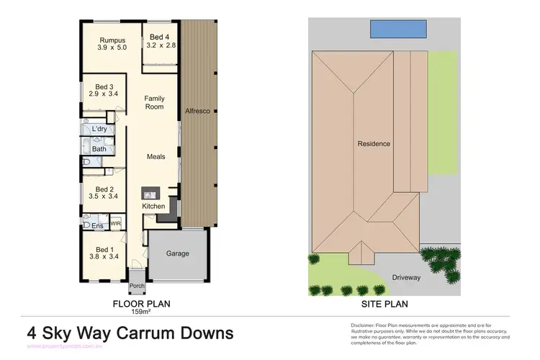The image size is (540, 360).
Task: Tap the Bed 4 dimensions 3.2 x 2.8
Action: click(x=161, y=45)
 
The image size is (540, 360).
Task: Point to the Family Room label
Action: click(x=154, y=102)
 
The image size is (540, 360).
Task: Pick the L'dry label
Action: click(x=99, y=129)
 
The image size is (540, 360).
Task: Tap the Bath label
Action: click(x=99, y=150)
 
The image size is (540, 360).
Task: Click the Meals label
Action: click(x=156, y=156)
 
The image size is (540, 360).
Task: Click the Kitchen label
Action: click(x=153, y=207)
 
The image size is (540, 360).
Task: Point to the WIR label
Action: click(x=115, y=224)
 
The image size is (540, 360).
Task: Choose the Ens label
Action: click(x=96, y=226)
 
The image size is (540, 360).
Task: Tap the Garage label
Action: click(x=178, y=253)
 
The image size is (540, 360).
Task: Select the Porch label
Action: click(x=137, y=286)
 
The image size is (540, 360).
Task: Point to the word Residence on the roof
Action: click(x=374, y=144)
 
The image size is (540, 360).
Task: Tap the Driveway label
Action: click(x=407, y=277)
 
